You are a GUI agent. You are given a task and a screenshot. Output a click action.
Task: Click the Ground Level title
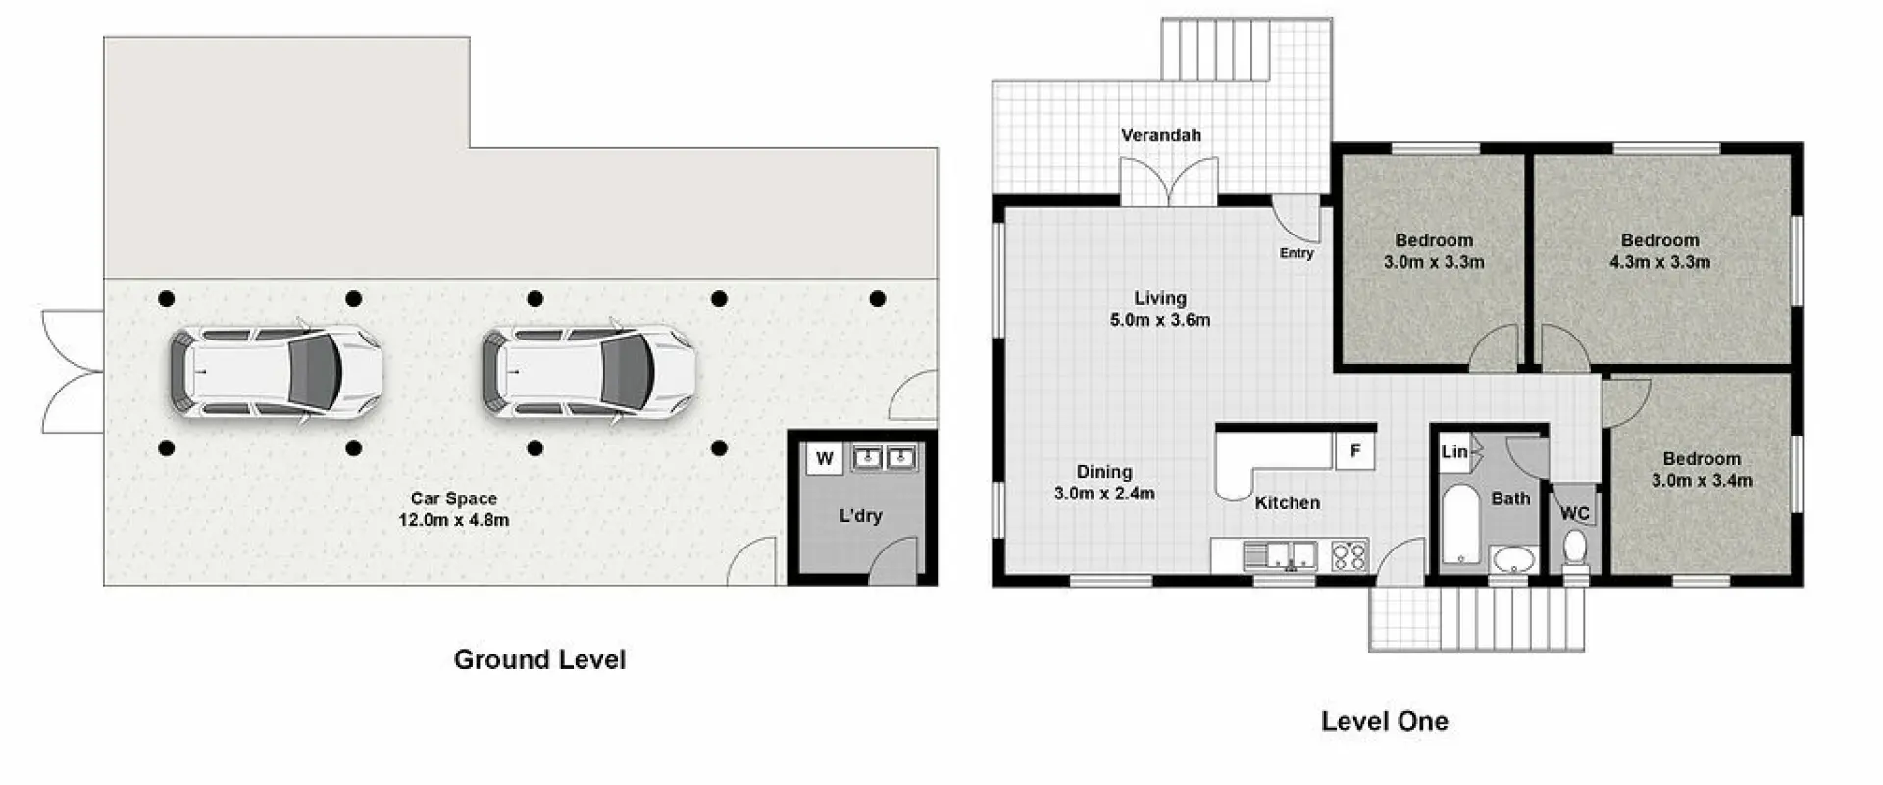pyautogui.click(x=539, y=659)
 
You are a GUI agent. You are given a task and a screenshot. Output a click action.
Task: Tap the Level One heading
pyautogui.click(x=1384, y=722)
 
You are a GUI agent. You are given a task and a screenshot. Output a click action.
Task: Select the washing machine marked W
pyautogui.click(x=824, y=459)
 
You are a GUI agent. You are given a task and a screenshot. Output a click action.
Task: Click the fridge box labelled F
pyautogui.click(x=1354, y=451)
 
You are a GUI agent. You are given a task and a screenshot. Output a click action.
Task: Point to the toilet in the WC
pyautogui.click(x=1575, y=549)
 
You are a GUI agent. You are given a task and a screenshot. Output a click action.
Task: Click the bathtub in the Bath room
pyautogui.click(x=1460, y=524)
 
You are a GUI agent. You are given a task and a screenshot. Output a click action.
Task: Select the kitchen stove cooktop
pyautogui.click(x=1349, y=556)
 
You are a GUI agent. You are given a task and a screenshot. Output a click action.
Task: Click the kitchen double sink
pyautogui.click(x=1281, y=556)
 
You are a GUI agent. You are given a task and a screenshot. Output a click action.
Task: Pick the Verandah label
pyautogui.click(x=1161, y=135)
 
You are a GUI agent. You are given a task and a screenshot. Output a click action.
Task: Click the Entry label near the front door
pyautogui.click(x=1296, y=253)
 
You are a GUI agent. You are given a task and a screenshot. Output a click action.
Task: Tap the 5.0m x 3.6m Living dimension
pyautogui.click(x=1160, y=320)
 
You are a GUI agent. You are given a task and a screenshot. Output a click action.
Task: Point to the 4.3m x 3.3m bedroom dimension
pyautogui.click(x=1659, y=262)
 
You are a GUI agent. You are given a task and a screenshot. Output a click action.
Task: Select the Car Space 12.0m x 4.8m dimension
pyautogui.click(x=453, y=520)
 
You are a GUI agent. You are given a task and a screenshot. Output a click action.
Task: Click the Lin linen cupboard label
pyautogui.click(x=1453, y=451)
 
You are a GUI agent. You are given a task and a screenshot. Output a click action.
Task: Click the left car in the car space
pyautogui.click(x=276, y=373)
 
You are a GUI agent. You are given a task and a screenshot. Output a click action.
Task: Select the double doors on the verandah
pyautogui.click(x=1168, y=183)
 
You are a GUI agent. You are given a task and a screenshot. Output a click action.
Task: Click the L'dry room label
pyautogui.click(x=860, y=515)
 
